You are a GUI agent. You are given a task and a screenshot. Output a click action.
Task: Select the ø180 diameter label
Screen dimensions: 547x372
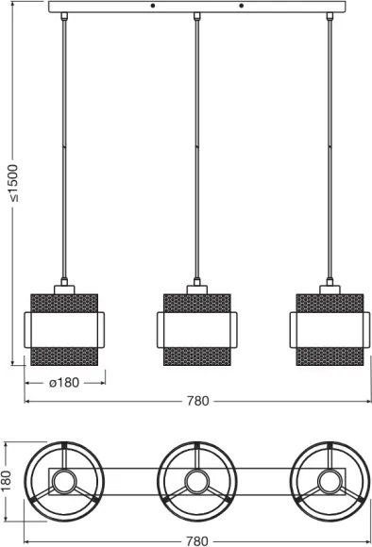(64, 383)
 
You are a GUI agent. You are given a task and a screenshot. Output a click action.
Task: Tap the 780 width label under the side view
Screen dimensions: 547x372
(197, 401)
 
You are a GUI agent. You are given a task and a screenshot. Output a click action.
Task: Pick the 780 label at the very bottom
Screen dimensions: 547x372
(197, 540)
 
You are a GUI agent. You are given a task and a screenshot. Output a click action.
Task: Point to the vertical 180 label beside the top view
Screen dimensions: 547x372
(8, 482)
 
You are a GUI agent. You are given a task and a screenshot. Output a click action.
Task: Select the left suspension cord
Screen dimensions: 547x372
(64, 141)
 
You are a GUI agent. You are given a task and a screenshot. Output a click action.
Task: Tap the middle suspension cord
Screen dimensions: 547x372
(196, 141)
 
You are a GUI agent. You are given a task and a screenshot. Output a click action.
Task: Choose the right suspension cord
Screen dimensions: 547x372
(330, 141)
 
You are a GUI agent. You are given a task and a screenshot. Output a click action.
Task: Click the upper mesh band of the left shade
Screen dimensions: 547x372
(64, 303)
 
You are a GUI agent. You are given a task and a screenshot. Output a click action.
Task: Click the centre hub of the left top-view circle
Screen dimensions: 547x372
(64, 482)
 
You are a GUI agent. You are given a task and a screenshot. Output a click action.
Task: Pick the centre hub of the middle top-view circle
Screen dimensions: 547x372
(196, 482)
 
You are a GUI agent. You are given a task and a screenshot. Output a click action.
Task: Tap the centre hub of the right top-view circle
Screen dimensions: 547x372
(330, 482)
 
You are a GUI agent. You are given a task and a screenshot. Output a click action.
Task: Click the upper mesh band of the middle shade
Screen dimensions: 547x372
(196, 303)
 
